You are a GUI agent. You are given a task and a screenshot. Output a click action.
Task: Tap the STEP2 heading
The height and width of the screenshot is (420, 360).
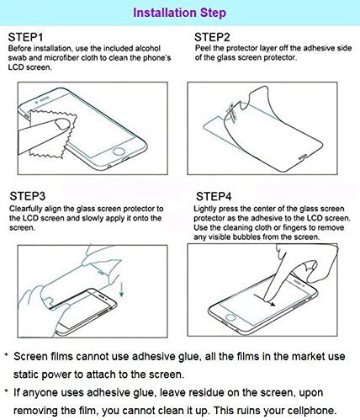pyautogui.click(x=213, y=38)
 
